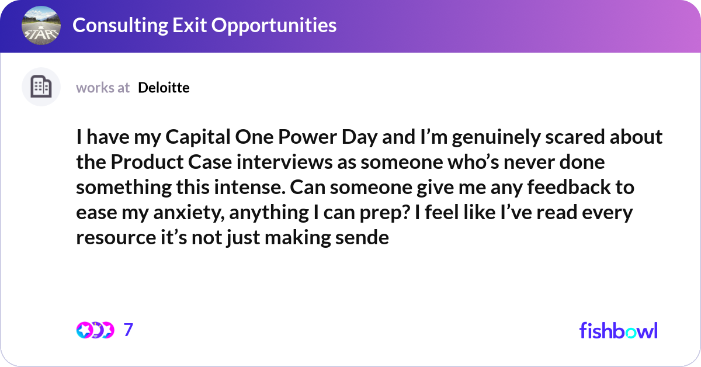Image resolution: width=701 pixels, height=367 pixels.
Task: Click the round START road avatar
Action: click(x=41, y=25)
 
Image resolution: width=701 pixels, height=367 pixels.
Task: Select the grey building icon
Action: click(x=41, y=87)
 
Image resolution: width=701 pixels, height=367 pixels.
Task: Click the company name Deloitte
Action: click(x=164, y=88)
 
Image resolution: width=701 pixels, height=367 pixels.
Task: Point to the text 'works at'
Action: click(x=103, y=88)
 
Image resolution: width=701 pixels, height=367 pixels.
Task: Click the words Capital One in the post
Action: click(x=214, y=137)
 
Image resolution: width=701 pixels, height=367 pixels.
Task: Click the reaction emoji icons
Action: click(x=95, y=330)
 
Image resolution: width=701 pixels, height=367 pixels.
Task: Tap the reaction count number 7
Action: click(x=129, y=330)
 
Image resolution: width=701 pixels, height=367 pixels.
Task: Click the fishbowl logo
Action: click(x=618, y=330)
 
